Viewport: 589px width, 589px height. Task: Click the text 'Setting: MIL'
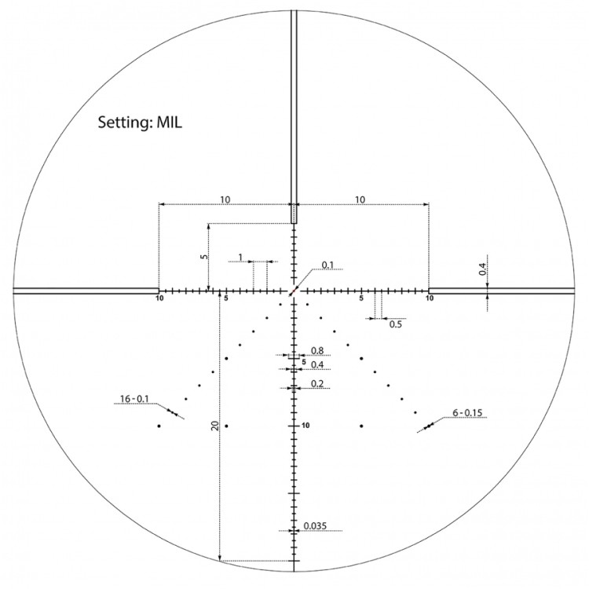pos(141,123)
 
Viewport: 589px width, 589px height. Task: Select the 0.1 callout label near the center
pos(327,265)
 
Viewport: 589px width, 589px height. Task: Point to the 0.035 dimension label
pos(316,525)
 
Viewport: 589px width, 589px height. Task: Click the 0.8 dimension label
pos(317,350)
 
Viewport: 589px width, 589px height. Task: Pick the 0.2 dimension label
pos(317,383)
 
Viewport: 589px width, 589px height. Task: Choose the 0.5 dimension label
pos(397,324)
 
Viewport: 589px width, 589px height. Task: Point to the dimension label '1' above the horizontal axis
pos(240,257)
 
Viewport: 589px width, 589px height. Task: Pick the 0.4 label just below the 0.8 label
pos(317,365)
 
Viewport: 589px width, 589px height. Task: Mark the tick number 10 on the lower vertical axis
pos(305,426)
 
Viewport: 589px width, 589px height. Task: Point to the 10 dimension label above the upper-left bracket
pos(225,200)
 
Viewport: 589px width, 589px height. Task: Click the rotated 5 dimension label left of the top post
pos(203,257)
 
